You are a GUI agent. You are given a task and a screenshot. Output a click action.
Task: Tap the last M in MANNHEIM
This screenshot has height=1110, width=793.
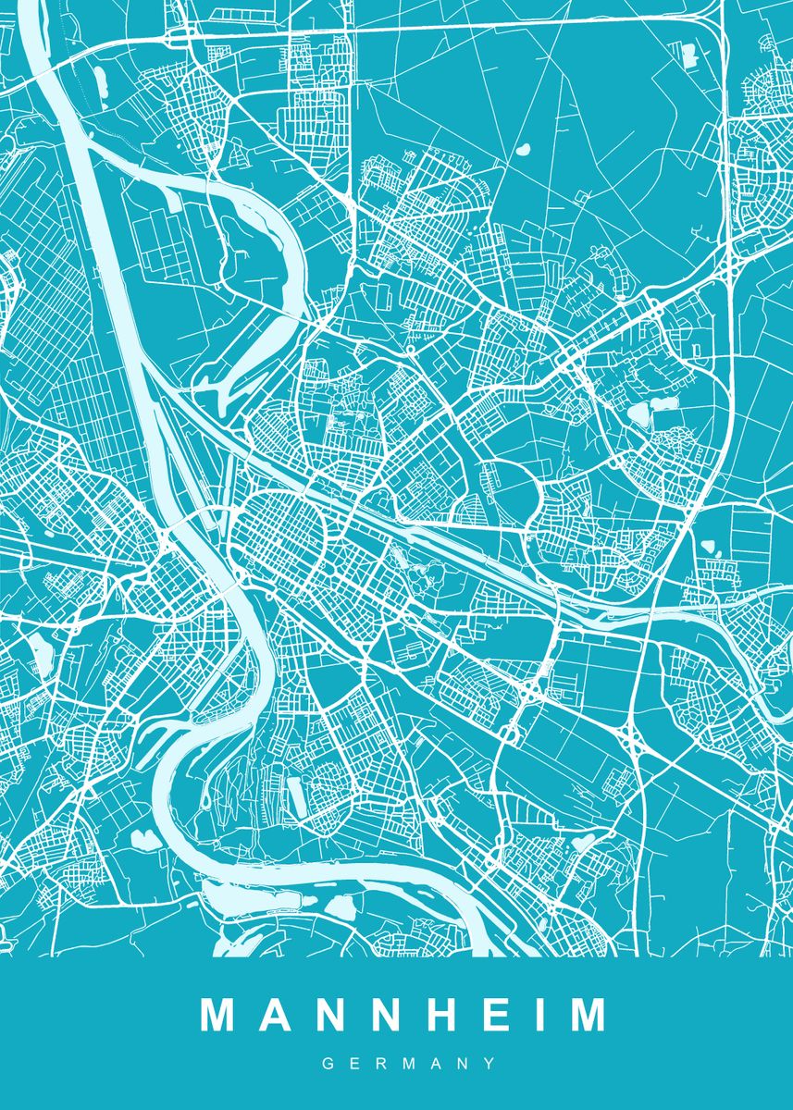(x=587, y=1014)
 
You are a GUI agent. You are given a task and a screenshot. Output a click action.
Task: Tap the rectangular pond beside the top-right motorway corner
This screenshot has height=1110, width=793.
(x=689, y=55)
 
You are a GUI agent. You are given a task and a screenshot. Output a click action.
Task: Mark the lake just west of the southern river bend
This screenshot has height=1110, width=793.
(x=146, y=840)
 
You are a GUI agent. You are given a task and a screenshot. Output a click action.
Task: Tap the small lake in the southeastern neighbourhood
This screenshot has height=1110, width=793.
(x=583, y=843)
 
